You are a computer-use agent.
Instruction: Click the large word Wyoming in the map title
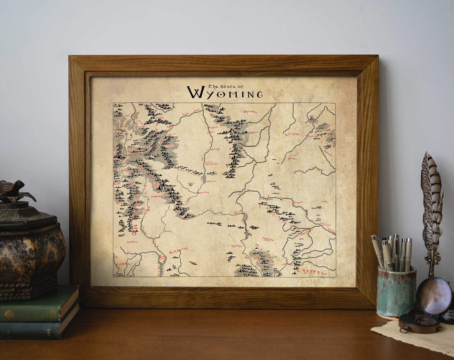pos(225,93)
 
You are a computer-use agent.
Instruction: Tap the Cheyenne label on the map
pos(312,271)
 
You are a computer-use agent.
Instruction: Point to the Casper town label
pos(265,199)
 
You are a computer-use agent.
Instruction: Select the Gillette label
pos(292,134)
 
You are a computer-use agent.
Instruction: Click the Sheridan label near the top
pos(250,111)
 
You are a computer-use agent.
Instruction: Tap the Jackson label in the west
pos(126,170)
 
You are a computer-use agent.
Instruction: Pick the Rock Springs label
pos(178,251)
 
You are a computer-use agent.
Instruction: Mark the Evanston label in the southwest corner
pos(123,264)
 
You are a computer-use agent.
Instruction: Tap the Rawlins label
pos(236,246)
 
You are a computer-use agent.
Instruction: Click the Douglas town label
pos(298,202)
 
